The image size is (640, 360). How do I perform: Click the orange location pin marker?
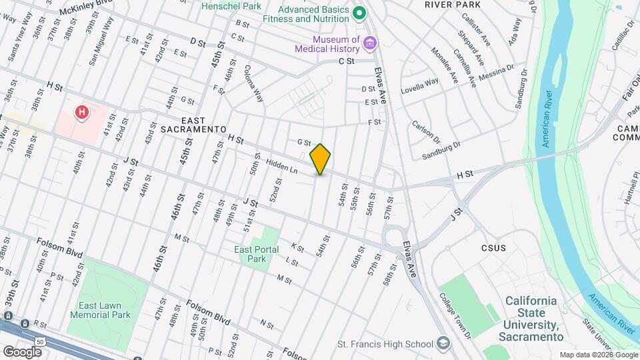pos(321,159)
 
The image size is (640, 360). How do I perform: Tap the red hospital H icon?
pos(82,112)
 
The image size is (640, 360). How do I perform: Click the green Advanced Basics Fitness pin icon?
pos(359,13)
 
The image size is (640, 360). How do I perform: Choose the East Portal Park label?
pos(252,254)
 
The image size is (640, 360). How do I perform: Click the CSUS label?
pos(493,248)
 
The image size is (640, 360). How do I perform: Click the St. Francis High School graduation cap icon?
pos(442,343)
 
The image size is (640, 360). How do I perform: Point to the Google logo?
pos(22,351)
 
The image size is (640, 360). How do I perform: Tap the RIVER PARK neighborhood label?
pos(453,4)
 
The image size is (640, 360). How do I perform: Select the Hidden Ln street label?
pos(281,166)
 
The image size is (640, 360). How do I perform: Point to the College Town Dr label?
pos(455,315)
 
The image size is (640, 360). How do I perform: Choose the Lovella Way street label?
pos(419,85)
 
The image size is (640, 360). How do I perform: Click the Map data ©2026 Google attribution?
pos(597,355)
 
